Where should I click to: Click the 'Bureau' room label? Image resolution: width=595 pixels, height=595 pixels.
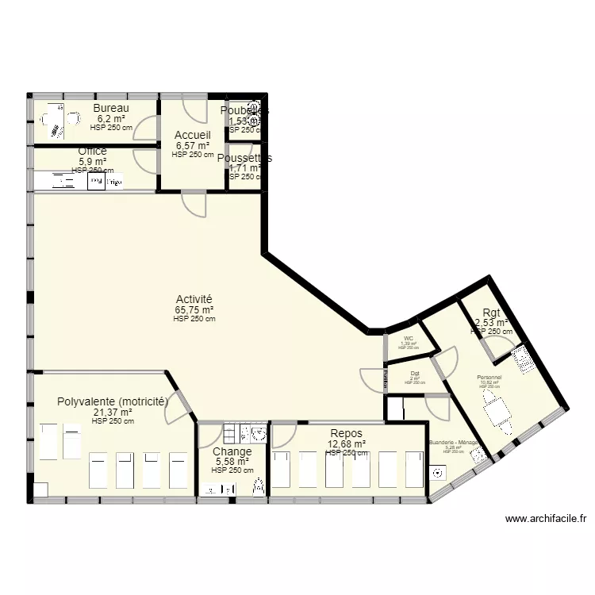tap(111, 109)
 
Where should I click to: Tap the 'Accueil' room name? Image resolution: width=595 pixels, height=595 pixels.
tap(193, 136)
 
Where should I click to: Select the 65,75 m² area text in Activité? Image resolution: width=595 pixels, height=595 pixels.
tap(195, 310)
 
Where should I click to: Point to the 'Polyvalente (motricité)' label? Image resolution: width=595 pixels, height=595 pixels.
tap(113, 402)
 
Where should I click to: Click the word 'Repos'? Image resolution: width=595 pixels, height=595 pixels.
tap(346, 433)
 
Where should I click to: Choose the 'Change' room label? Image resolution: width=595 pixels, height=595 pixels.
tap(232, 451)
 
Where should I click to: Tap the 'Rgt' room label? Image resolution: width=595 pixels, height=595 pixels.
tap(491, 312)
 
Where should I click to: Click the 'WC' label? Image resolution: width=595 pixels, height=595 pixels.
tap(409, 339)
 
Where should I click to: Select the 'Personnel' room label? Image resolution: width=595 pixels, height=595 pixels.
tap(489, 378)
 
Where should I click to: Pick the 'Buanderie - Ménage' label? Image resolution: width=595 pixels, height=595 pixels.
tap(453, 443)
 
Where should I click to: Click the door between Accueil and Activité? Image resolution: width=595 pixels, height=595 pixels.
tap(195, 204)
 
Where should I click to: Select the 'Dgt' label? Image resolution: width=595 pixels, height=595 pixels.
tap(415, 374)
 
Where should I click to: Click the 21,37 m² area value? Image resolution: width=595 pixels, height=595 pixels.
tap(113, 413)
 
